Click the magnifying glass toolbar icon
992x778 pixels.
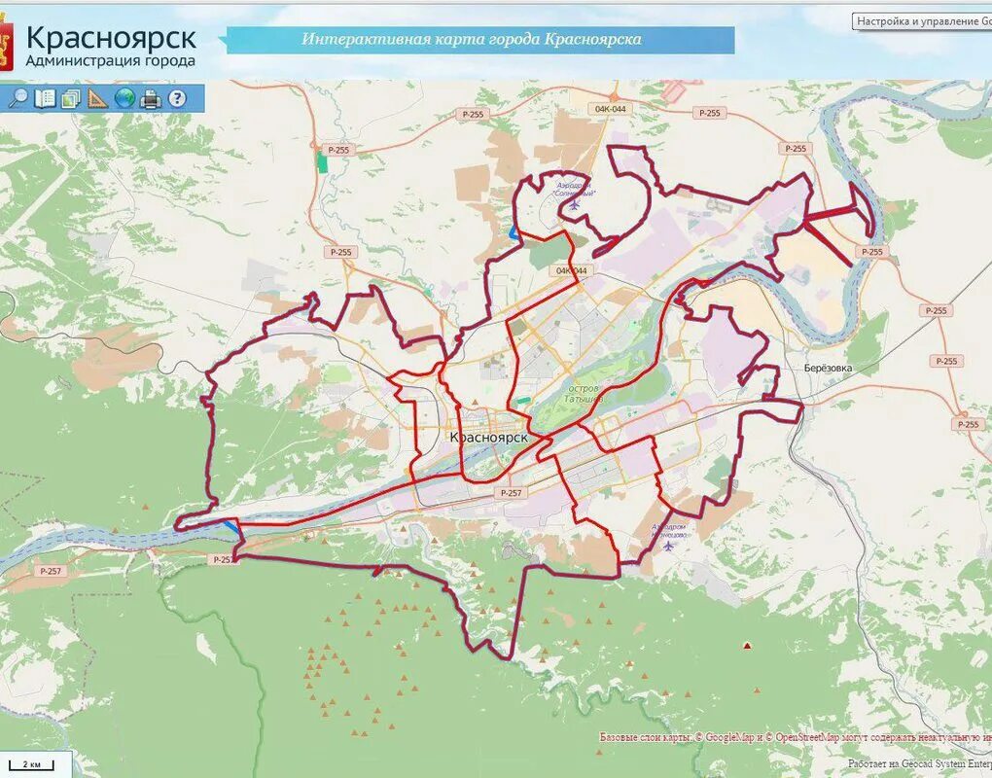(18, 98)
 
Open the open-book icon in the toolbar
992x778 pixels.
(45, 98)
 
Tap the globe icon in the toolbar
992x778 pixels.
(124, 98)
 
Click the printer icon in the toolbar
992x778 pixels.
(150, 98)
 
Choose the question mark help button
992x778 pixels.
(176, 98)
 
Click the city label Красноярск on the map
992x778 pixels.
(489, 438)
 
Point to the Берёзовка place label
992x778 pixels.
(829, 369)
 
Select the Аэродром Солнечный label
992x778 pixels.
(575, 189)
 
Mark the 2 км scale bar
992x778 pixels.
(35, 764)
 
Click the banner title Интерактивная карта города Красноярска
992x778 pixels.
(472, 40)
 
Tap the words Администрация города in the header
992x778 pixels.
(110, 60)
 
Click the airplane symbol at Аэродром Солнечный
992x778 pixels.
(575, 205)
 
